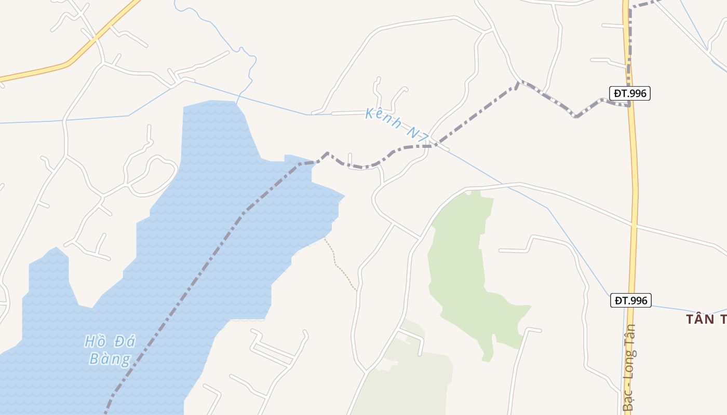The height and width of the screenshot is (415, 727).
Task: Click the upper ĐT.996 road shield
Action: [629, 93]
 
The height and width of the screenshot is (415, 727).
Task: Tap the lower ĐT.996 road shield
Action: [630, 300]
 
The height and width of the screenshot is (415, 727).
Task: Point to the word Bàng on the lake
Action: [110, 359]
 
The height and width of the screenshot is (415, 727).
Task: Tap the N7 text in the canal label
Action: [417, 134]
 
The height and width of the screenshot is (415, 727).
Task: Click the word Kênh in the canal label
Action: [383, 118]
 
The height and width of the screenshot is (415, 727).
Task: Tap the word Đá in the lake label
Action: [125, 341]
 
